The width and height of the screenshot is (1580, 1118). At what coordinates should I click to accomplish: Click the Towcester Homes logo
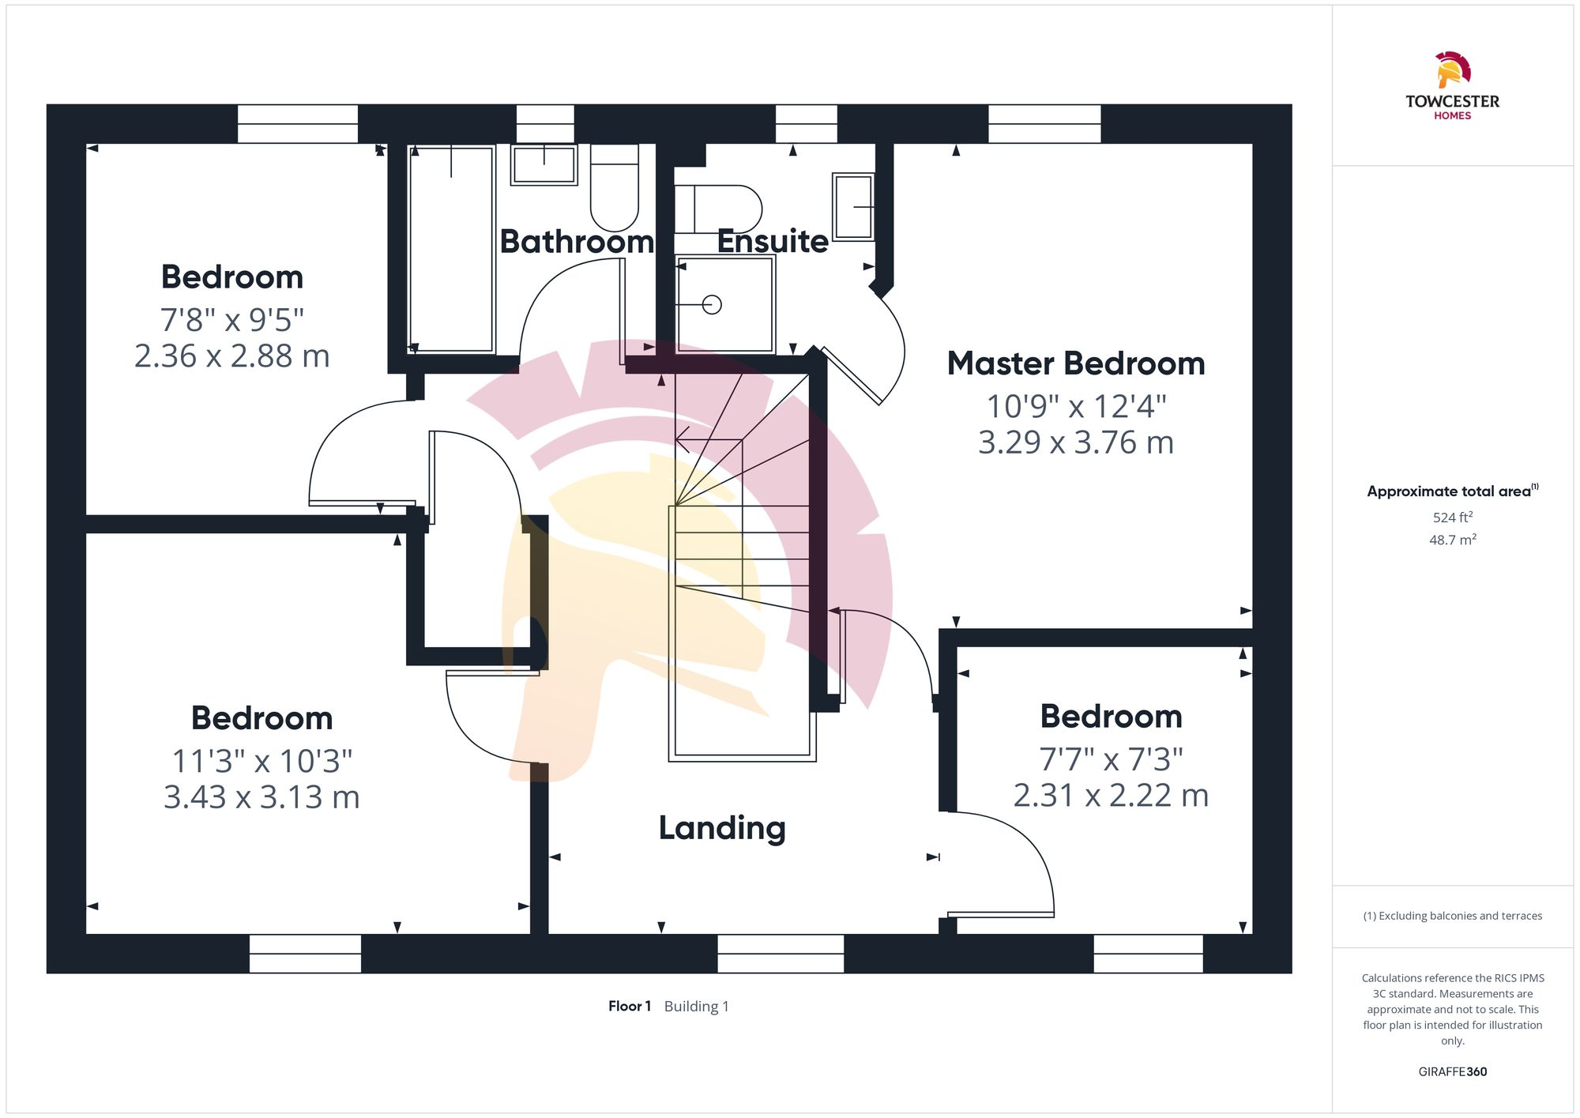(x=1452, y=85)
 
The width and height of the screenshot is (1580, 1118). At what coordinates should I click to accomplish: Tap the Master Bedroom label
(x=1076, y=363)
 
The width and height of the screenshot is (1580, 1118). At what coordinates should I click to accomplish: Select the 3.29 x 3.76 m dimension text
(x=1076, y=442)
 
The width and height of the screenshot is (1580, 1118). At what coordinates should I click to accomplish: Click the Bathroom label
(x=577, y=241)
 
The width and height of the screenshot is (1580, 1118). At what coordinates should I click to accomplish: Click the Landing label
(x=722, y=827)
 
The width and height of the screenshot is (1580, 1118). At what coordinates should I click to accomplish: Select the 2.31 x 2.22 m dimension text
(x=1111, y=795)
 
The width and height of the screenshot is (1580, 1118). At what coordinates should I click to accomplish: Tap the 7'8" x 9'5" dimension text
(x=232, y=320)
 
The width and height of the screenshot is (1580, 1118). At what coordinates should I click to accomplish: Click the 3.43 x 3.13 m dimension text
(x=261, y=796)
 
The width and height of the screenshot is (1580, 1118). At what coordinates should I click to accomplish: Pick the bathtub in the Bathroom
(x=451, y=249)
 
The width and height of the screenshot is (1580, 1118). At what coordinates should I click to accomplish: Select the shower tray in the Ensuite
(x=724, y=304)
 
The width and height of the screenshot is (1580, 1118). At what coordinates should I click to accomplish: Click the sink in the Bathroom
(x=544, y=164)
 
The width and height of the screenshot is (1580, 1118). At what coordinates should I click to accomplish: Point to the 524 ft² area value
(x=1452, y=518)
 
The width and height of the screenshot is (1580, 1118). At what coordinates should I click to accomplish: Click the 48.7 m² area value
(x=1452, y=540)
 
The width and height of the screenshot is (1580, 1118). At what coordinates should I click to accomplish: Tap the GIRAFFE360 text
(x=1452, y=1071)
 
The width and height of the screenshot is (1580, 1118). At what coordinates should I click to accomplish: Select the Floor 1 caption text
(x=630, y=1006)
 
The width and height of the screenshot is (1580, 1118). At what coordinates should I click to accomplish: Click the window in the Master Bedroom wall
(x=1044, y=124)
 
